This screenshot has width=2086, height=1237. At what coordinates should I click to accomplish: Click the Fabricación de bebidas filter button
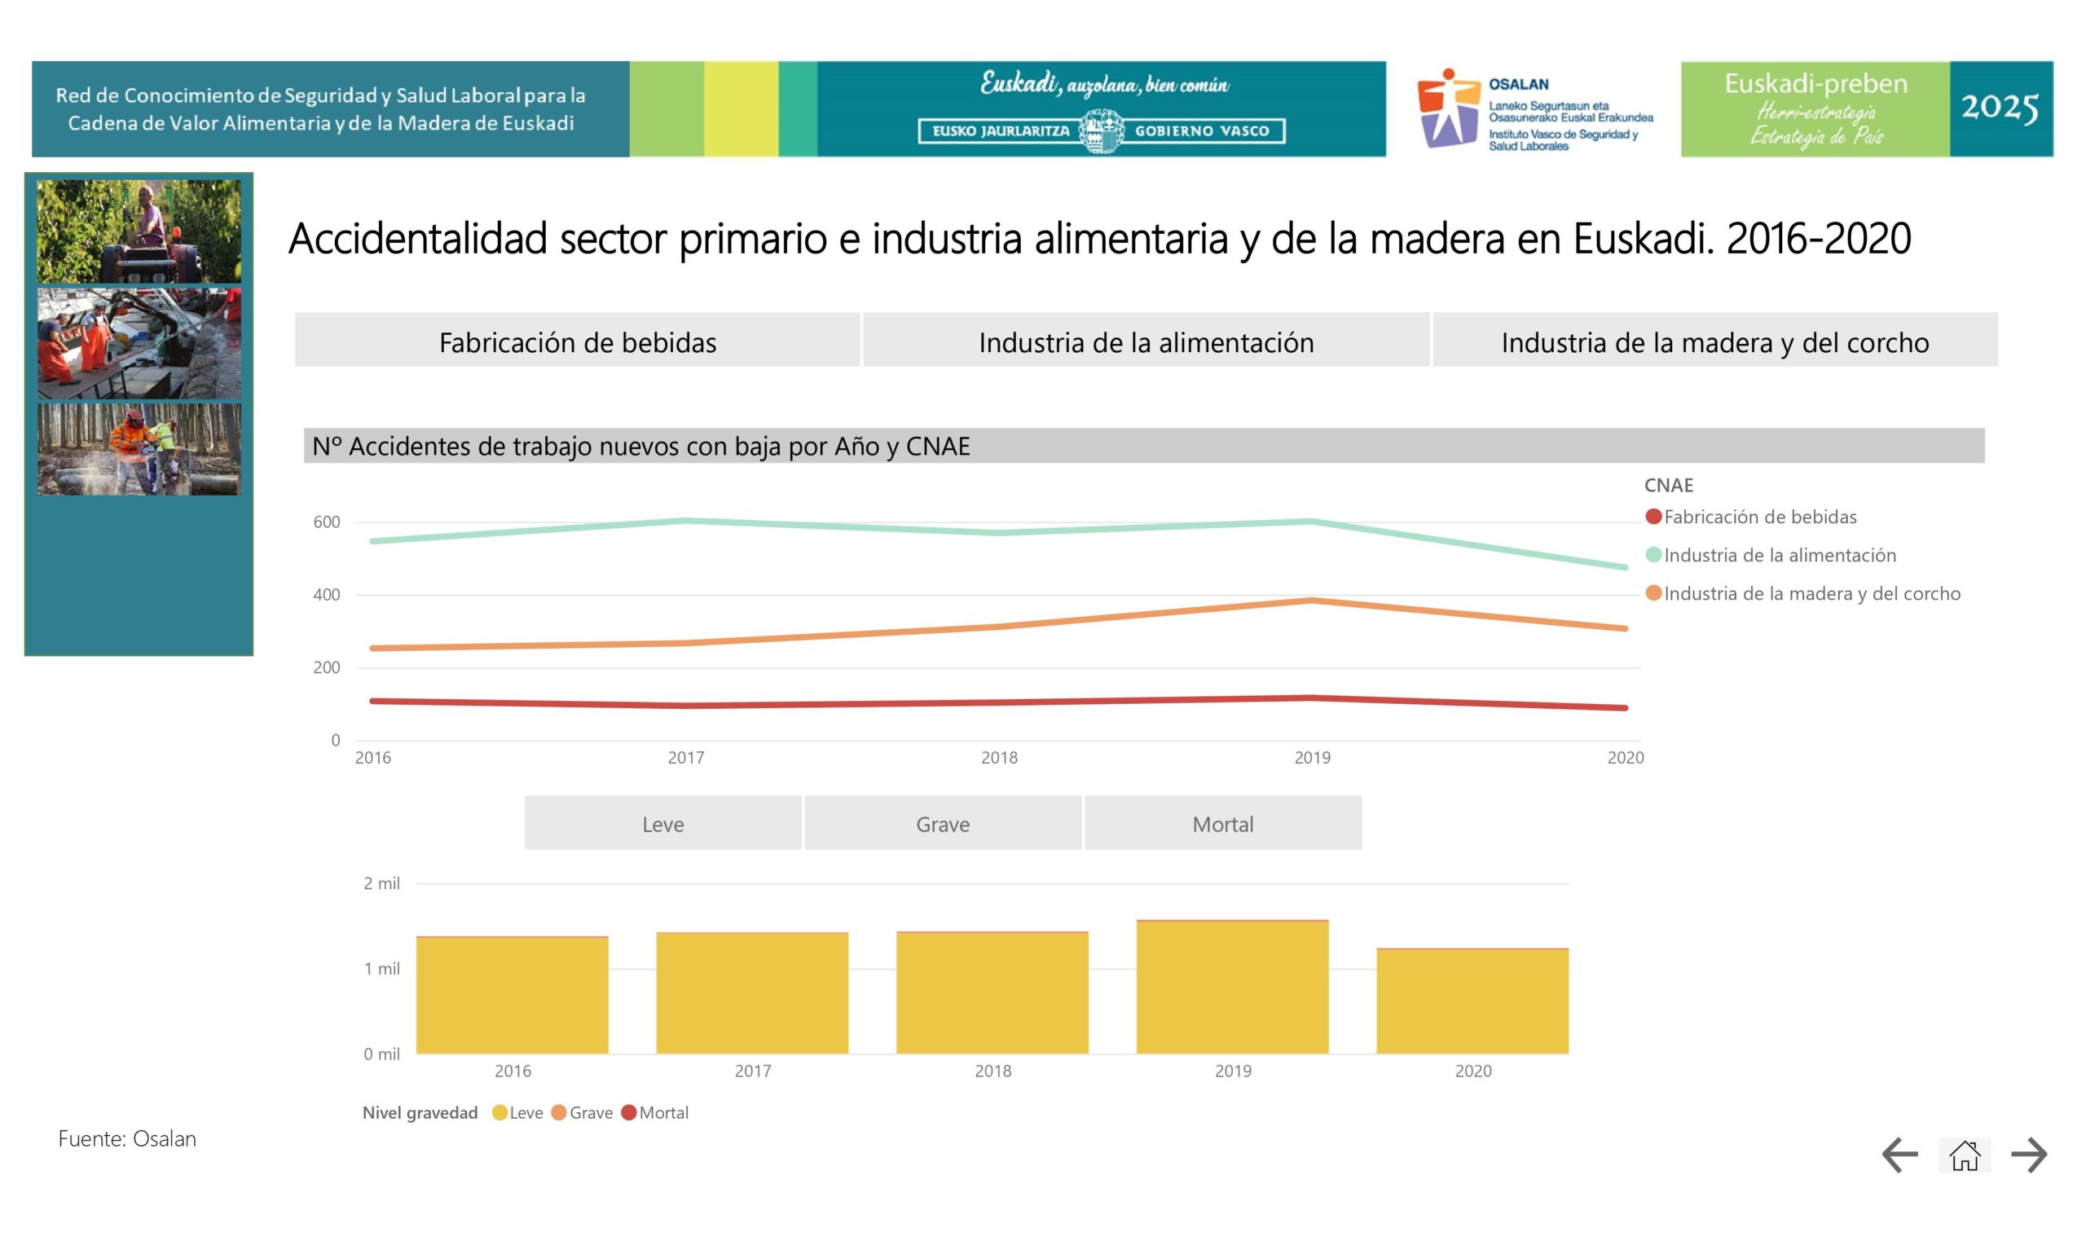click(577, 340)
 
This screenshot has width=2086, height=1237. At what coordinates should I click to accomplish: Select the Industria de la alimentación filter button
click(1146, 340)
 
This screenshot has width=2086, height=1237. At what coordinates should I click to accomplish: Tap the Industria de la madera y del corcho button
click(1714, 340)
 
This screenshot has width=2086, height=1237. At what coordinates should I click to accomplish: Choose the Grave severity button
click(943, 824)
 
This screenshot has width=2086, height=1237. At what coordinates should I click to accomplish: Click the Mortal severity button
click(1222, 824)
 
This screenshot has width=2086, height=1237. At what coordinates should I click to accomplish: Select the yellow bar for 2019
click(1232, 988)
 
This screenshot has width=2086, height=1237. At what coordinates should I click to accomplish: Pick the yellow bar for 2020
click(1472, 1002)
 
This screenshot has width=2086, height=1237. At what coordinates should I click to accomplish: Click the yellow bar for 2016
click(512, 996)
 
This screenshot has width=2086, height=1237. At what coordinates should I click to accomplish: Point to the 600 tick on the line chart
click(327, 522)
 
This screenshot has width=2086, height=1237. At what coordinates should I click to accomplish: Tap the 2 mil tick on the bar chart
click(381, 883)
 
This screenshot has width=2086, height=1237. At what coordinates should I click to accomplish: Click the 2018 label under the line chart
click(998, 758)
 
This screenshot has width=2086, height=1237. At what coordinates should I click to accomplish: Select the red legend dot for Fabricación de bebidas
click(1653, 517)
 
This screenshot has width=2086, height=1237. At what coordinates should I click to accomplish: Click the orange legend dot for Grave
click(558, 1113)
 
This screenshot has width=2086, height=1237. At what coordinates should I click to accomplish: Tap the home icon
click(1964, 1156)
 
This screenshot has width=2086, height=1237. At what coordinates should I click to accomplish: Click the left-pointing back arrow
click(1899, 1156)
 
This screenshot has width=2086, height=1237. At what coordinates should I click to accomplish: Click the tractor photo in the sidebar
click(139, 231)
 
